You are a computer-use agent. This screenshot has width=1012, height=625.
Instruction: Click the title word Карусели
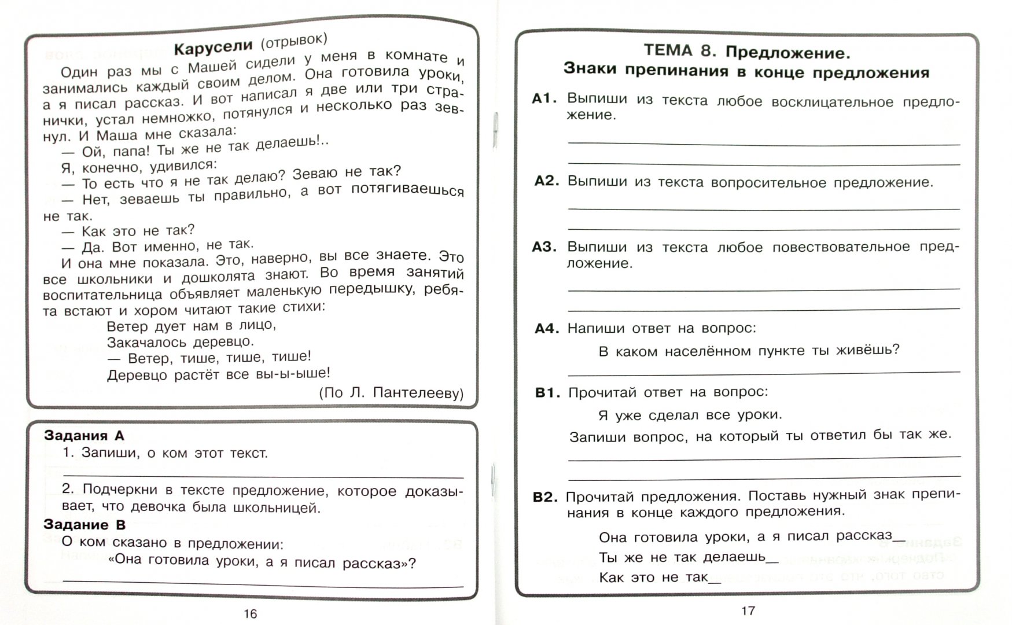(x=213, y=47)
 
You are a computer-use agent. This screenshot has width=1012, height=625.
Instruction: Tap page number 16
(x=250, y=613)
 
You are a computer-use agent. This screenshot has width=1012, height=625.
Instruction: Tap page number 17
(x=748, y=611)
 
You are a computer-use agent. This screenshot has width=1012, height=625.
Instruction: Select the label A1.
(x=544, y=98)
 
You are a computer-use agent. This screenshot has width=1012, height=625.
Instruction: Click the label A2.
(x=546, y=181)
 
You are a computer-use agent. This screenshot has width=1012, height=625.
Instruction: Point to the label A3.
(x=544, y=247)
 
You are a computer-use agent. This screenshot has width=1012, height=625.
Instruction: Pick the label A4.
(x=546, y=329)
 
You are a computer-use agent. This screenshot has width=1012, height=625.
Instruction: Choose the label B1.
(x=547, y=393)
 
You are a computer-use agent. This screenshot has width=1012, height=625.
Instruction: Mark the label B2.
(x=544, y=497)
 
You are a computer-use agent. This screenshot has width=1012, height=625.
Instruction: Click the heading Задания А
(x=84, y=435)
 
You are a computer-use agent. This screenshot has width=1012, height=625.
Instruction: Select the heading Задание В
(x=84, y=525)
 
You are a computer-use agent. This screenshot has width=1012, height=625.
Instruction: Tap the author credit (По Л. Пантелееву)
(x=391, y=393)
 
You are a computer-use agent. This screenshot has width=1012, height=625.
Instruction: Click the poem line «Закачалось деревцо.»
(x=180, y=341)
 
